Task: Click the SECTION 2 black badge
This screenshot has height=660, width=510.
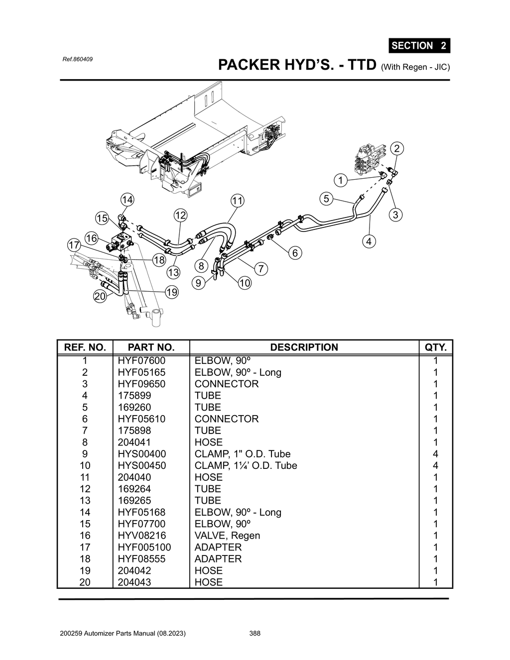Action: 419,45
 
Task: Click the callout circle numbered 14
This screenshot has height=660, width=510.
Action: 127,200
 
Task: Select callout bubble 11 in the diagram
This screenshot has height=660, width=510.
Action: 238,201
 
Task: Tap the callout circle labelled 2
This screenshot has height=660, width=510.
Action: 397,148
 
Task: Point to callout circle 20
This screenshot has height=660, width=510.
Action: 100,296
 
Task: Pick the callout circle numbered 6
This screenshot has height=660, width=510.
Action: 295,253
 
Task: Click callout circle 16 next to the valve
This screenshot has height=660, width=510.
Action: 91,238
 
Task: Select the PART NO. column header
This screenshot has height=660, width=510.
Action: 151,347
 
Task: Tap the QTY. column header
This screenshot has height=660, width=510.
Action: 435,347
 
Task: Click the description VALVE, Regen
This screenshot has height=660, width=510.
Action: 227,536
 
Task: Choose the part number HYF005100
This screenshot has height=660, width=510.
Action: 144,547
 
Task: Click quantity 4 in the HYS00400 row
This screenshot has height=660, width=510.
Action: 435,454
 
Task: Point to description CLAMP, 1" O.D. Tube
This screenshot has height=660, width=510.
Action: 242,454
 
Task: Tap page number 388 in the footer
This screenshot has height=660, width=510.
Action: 255,633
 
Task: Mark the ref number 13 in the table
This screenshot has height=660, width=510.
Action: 85,501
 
